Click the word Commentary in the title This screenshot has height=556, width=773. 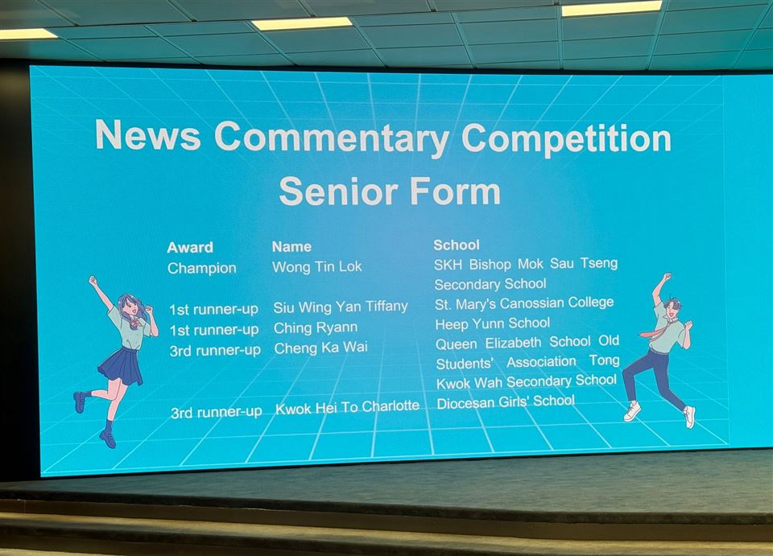tap(332, 138)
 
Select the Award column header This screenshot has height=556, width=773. tap(190, 247)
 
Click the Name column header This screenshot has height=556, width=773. tap(291, 246)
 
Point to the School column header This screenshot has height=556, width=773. tap(457, 245)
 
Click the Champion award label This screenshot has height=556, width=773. tap(202, 269)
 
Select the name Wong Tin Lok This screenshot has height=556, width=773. tap(317, 266)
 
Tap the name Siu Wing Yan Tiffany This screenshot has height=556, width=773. tap(341, 307)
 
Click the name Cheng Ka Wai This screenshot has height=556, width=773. tap(321, 348)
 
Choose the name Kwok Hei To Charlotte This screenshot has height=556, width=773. tap(348, 407)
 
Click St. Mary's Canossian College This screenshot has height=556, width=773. tap(524, 303)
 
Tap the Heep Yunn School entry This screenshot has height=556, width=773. tap(493, 323)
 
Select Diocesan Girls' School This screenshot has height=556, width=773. tap(506, 402)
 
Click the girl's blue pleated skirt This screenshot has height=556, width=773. tap(120, 366)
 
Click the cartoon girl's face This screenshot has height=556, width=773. tap(130, 308)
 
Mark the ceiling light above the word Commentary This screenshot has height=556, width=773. tap(302, 23)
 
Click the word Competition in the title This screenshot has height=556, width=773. tap(566, 138)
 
